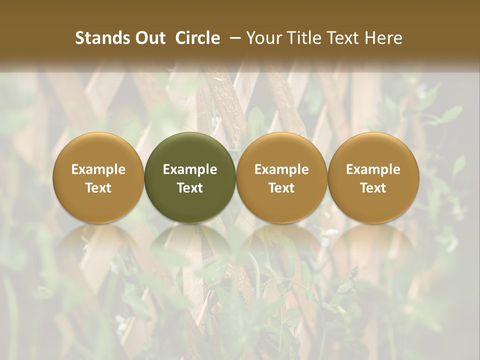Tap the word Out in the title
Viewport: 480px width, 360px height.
pyautogui.click(x=148, y=38)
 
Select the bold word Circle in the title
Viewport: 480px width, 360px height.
pyautogui.click(x=197, y=38)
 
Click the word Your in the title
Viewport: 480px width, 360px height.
pyautogui.click(x=262, y=38)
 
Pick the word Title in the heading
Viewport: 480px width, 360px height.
pyautogui.click(x=299, y=38)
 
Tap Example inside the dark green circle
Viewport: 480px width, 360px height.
pyautogui.click(x=190, y=169)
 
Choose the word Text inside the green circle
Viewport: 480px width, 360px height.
pyautogui.click(x=190, y=188)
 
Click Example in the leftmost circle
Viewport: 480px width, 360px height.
pyautogui.click(x=98, y=169)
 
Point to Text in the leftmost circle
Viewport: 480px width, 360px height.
pyautogui.click(x=98, y=188)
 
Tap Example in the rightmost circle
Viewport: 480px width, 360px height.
pyautogui.click(x=373, y=169)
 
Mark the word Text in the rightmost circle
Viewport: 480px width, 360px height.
pyautogui.click(x=373, y=188)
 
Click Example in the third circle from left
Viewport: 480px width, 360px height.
pyautogui.click(x=281, y=169)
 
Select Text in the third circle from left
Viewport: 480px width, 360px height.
pyautogui.click(x=281, y=188)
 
